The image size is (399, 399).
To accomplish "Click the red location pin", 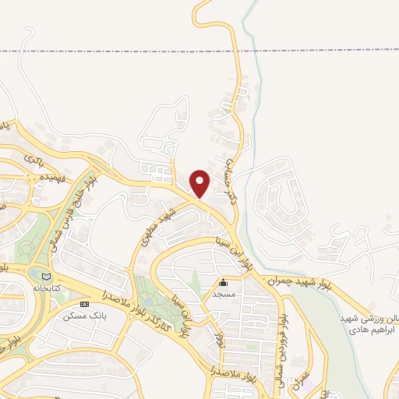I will pos(199,182).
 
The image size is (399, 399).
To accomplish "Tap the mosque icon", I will pos(224,283).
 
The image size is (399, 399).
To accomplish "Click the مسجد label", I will pos(224,295).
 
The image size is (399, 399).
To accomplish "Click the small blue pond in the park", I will pos(148,301).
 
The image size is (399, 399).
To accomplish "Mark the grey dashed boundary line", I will pos(117,51).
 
